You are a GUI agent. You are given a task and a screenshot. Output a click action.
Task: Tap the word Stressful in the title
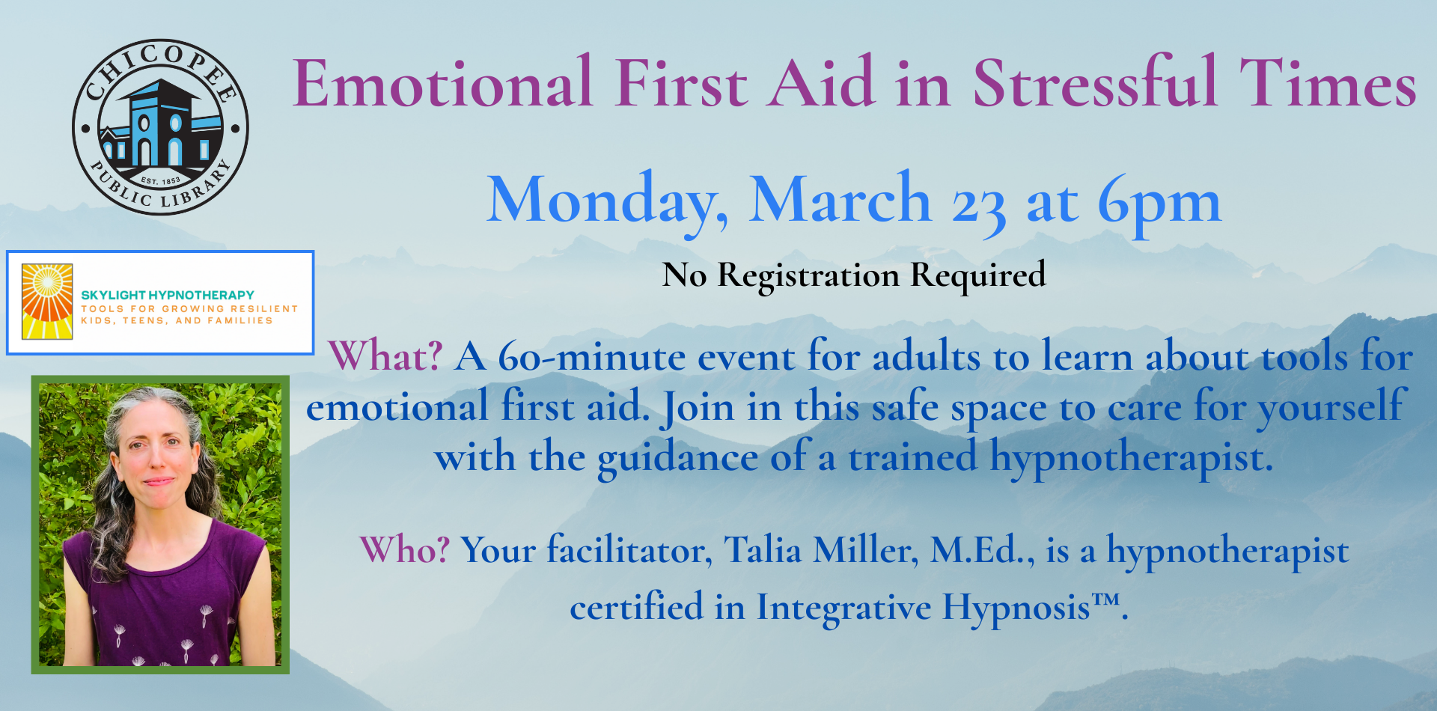click(x=1094, y=84)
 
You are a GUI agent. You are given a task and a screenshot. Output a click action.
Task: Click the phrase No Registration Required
click(x=853, y=275)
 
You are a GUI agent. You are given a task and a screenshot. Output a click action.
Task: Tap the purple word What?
click(x=385, y=356)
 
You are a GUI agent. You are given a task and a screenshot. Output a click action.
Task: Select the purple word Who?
click(x=404, y=550)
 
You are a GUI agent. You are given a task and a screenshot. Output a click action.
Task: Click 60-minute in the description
click(x=591, y=356)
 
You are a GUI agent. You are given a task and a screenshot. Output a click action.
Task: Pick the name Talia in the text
click(x=763, y=550)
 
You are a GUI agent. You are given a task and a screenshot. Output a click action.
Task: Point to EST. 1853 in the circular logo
click(x=160, y=181)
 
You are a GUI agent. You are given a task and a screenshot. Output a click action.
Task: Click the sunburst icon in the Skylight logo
click(x=47, y=302)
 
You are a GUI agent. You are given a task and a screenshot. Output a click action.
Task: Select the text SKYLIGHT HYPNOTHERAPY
click(x=168, y=295)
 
